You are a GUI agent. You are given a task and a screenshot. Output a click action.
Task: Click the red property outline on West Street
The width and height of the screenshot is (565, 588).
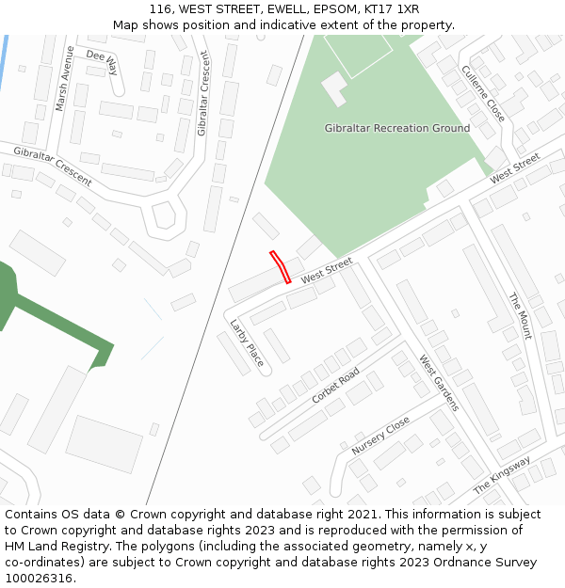tap(280, 266)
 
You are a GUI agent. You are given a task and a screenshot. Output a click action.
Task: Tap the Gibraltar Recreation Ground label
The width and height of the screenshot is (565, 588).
tap(396, 128)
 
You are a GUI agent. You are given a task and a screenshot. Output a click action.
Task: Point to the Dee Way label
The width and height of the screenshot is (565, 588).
tap(102, 62)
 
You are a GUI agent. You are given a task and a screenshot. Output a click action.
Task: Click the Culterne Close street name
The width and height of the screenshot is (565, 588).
tap(483, 93)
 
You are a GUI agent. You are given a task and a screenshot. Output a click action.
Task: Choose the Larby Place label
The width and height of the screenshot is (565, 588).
tap(248, 342)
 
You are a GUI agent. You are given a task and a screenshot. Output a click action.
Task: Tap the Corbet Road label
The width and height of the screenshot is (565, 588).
tap(335, 386)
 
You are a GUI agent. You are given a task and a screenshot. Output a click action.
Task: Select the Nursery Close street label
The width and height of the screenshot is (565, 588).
tap(380, 436)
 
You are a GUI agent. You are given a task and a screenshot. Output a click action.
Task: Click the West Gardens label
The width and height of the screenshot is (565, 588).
tap(439, 383)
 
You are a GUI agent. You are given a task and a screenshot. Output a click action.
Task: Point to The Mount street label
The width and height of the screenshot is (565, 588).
tap(520, 315)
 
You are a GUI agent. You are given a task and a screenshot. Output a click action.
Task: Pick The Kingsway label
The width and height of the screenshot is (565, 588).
tap(502, 475)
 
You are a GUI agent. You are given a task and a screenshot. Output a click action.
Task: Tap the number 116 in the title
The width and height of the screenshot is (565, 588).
tap(159, 9)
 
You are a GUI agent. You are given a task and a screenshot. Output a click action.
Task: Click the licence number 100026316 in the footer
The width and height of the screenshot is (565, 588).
tap(40, 579)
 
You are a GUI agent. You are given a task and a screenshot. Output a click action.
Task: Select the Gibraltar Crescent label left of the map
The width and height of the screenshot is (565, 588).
tap(53, 166)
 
